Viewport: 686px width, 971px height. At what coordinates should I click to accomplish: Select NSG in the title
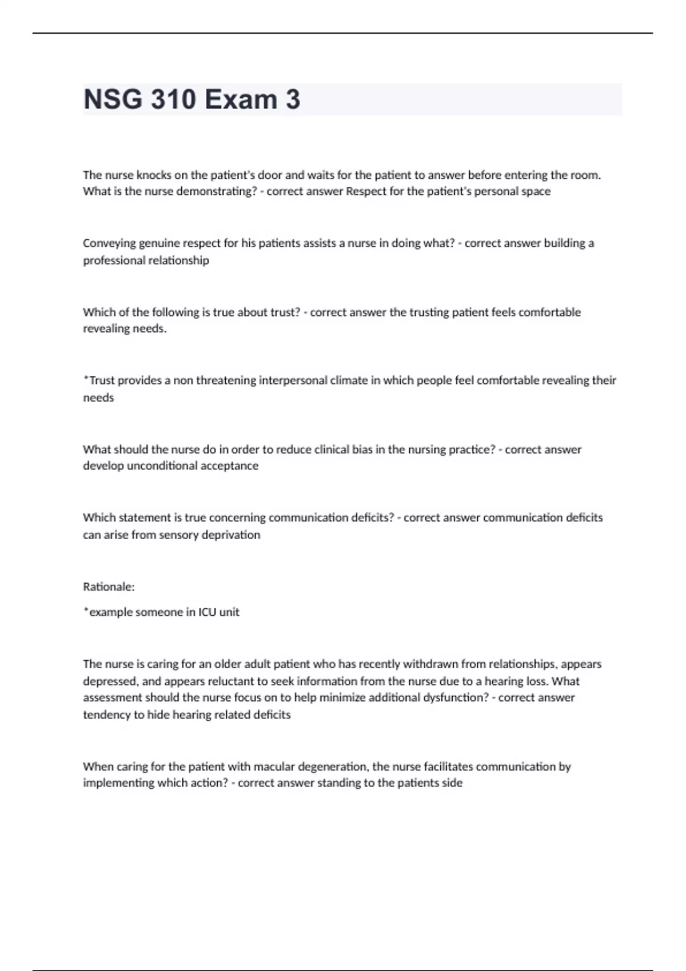(x=113, y=99)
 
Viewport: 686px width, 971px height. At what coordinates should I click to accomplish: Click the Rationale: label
(x=109, y=587)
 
